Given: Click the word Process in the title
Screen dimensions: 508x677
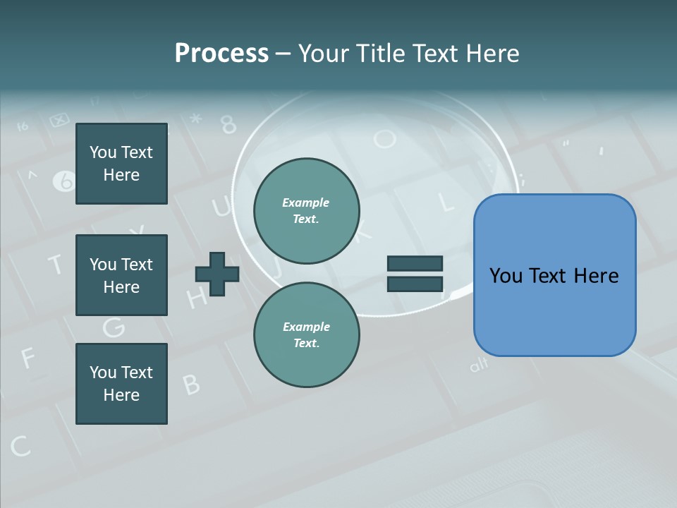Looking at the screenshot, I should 221,54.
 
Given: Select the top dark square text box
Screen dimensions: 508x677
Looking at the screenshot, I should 121,164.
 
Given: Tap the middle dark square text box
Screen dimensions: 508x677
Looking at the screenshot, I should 121,275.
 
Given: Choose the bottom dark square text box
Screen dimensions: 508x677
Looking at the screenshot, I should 121,384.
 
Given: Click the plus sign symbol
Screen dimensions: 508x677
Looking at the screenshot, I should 217,273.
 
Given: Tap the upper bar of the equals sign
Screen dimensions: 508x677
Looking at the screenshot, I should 415,263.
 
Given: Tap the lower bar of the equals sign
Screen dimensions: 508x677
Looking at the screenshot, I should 415,284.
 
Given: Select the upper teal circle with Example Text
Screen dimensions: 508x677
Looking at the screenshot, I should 306,211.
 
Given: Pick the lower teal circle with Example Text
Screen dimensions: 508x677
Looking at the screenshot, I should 306,334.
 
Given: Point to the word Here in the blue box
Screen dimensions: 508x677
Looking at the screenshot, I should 597,276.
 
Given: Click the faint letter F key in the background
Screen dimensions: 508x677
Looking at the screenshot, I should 27,358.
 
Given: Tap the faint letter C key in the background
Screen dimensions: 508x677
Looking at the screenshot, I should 20,446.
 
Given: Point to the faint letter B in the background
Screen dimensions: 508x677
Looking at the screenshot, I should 191,385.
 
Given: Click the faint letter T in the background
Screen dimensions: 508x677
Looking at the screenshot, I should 55,265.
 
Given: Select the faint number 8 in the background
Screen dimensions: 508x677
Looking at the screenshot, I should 228,125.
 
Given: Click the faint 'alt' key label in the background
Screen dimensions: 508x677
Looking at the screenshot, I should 479,365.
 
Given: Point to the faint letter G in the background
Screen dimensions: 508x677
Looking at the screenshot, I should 114,327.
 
